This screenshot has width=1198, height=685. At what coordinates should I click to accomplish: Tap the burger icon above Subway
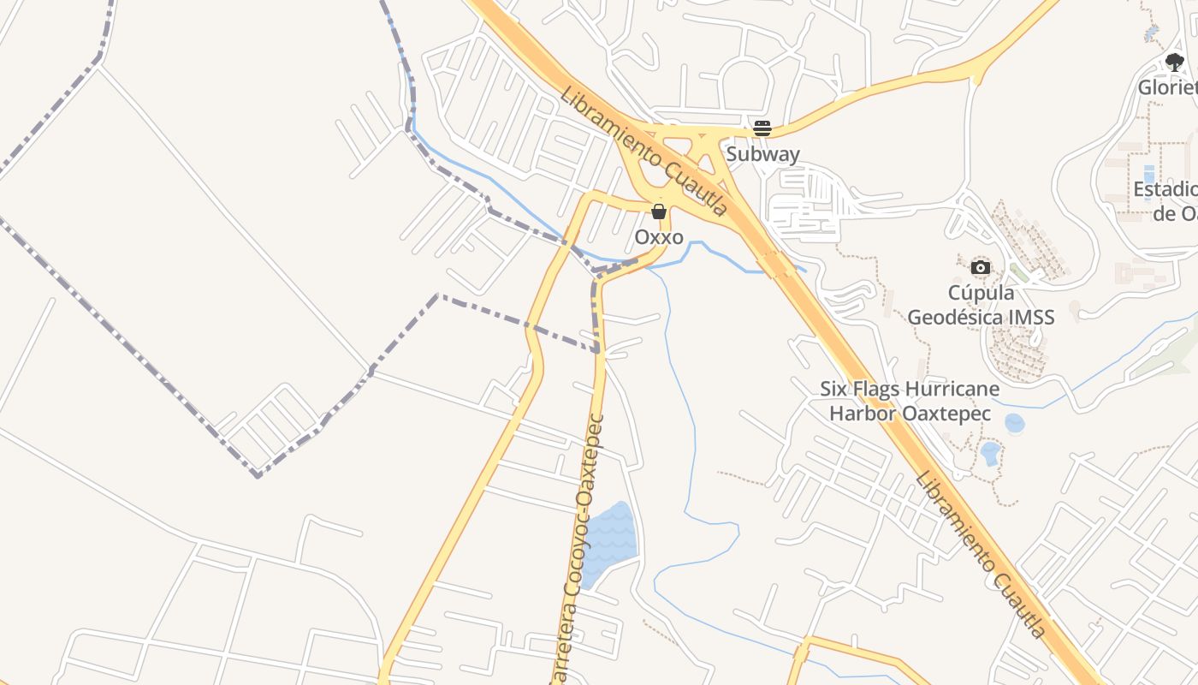[x=762, y=129]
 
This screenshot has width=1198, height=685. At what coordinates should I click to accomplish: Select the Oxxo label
[x=659, y=236]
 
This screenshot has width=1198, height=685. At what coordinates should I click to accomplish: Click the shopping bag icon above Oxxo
[x=659, y=211]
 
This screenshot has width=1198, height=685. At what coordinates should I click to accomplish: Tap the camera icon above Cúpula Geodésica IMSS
[x=981, y=267]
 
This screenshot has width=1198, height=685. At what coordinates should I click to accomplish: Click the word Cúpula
[x=981, y=294]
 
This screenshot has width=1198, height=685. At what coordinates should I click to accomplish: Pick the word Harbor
[x=862, y=414]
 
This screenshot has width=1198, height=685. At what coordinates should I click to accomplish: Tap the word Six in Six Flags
[x=835, y=389]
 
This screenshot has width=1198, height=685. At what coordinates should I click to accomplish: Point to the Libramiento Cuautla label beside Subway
[x=643, y=151]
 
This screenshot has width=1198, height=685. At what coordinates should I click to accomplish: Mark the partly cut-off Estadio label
[x=1166, y=189]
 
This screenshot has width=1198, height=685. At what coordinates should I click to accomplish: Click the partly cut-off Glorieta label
[x=1167, y=86]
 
